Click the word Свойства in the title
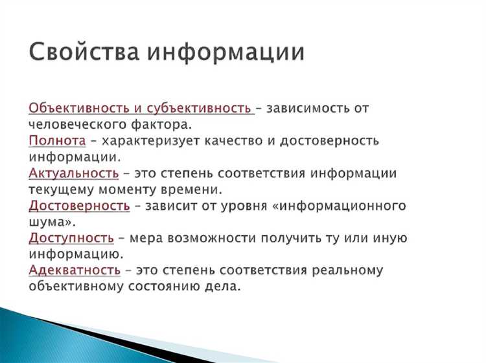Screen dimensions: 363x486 coord(83,52)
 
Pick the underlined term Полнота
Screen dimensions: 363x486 coord(57,140)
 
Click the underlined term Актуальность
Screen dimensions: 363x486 coord(74,173)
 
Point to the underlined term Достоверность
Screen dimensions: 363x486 coord(80,206)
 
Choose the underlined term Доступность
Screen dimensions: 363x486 coord(71,238)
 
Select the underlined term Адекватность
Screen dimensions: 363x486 coord(75,270)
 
